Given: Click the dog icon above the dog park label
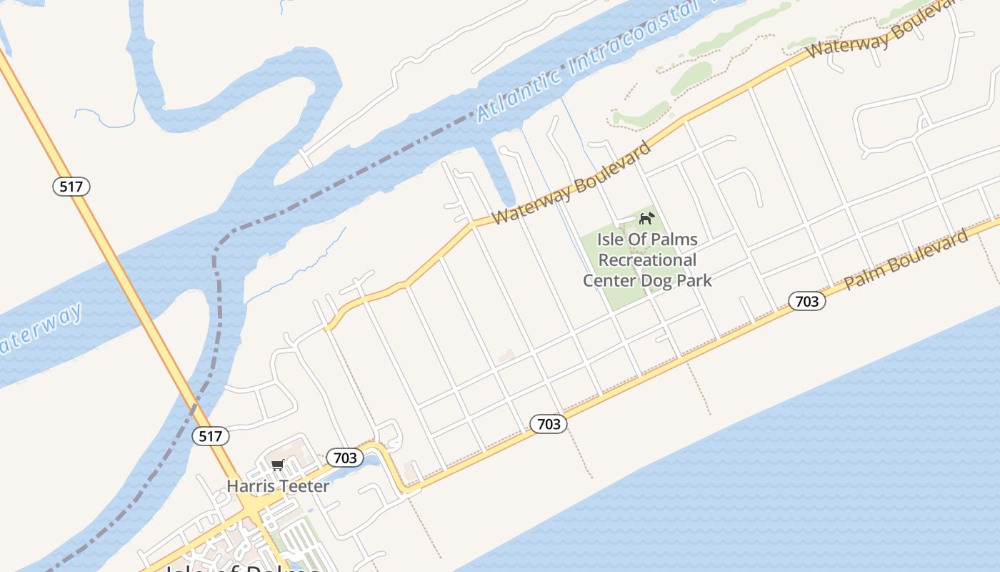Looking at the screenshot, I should [x=646, y=218].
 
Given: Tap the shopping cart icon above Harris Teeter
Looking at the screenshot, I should [x=278, y=465].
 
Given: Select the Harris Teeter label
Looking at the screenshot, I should [x=278, y=486].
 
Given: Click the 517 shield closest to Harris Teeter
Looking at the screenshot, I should [x=211, y=436].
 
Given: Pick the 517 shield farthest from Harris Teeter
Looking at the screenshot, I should [x=71, y=187].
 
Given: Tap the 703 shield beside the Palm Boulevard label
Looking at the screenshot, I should [x=807, y=301].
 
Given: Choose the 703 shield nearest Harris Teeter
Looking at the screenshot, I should [x=345, y=458].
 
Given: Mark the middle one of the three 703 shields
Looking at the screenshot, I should [x=549, y=424].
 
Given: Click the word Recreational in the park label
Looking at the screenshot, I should [x=647, y=260].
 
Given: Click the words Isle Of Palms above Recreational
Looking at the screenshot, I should [x=647, y=239].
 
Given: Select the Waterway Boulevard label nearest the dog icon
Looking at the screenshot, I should [x=571, y=182].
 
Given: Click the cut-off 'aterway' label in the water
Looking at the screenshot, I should [x=39, y=330].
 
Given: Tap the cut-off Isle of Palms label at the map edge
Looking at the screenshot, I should [x=243, y=568].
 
